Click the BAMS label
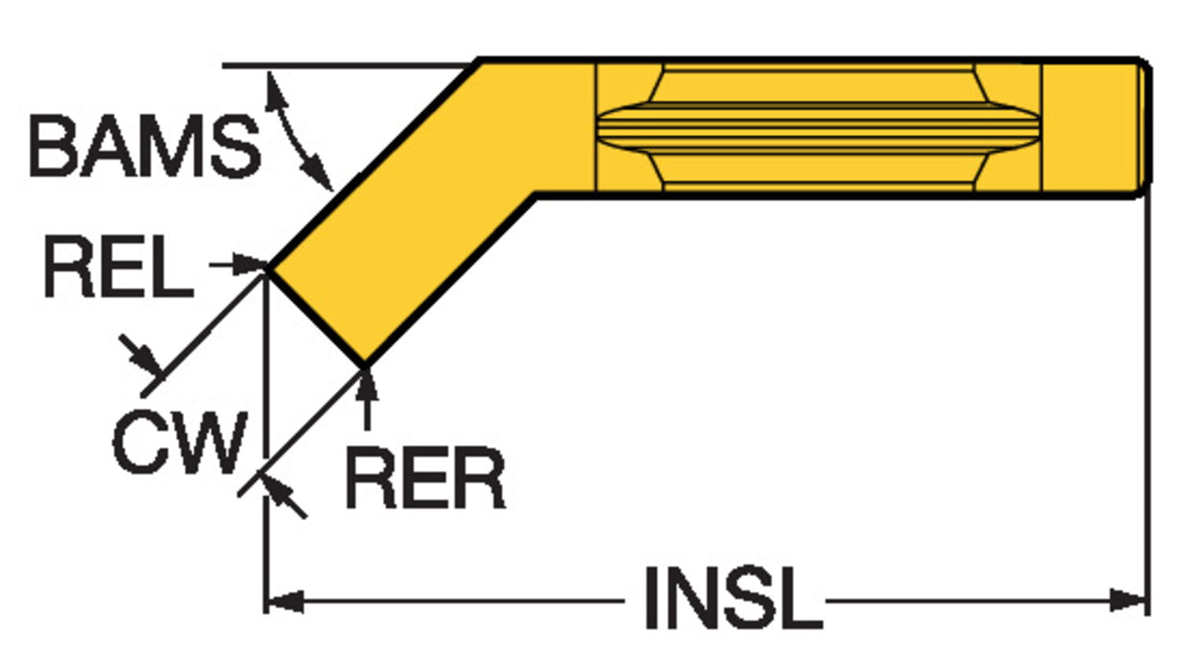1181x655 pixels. pyautogui.click(x=144, y=146)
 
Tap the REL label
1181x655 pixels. pyautogui.click(x=118, y=268)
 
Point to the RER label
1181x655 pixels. pyautogui.click(x=425, y=479)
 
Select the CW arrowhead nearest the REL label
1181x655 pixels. pyautogui.click(x=148, y=361)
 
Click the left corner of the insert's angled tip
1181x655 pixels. pyautogui.click(x=269, y=268)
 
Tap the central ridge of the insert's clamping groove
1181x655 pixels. pyautogui.click(x=819, y=127)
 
